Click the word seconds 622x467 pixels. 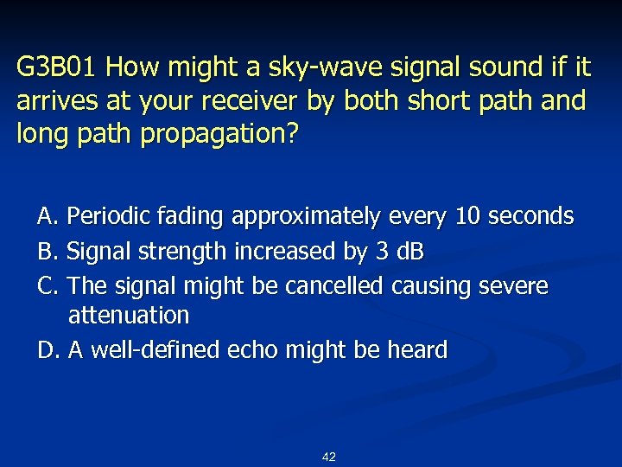pyautogui.click(x=530, y=216)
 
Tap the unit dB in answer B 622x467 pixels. pyautogui.click(x=409, y=252)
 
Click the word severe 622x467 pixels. pyautogui.click(x=517, y=285)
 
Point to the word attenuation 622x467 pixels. pyautogui.click(x=128, y=316)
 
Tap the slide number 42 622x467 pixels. pyautogui.click(x=328, y=457)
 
